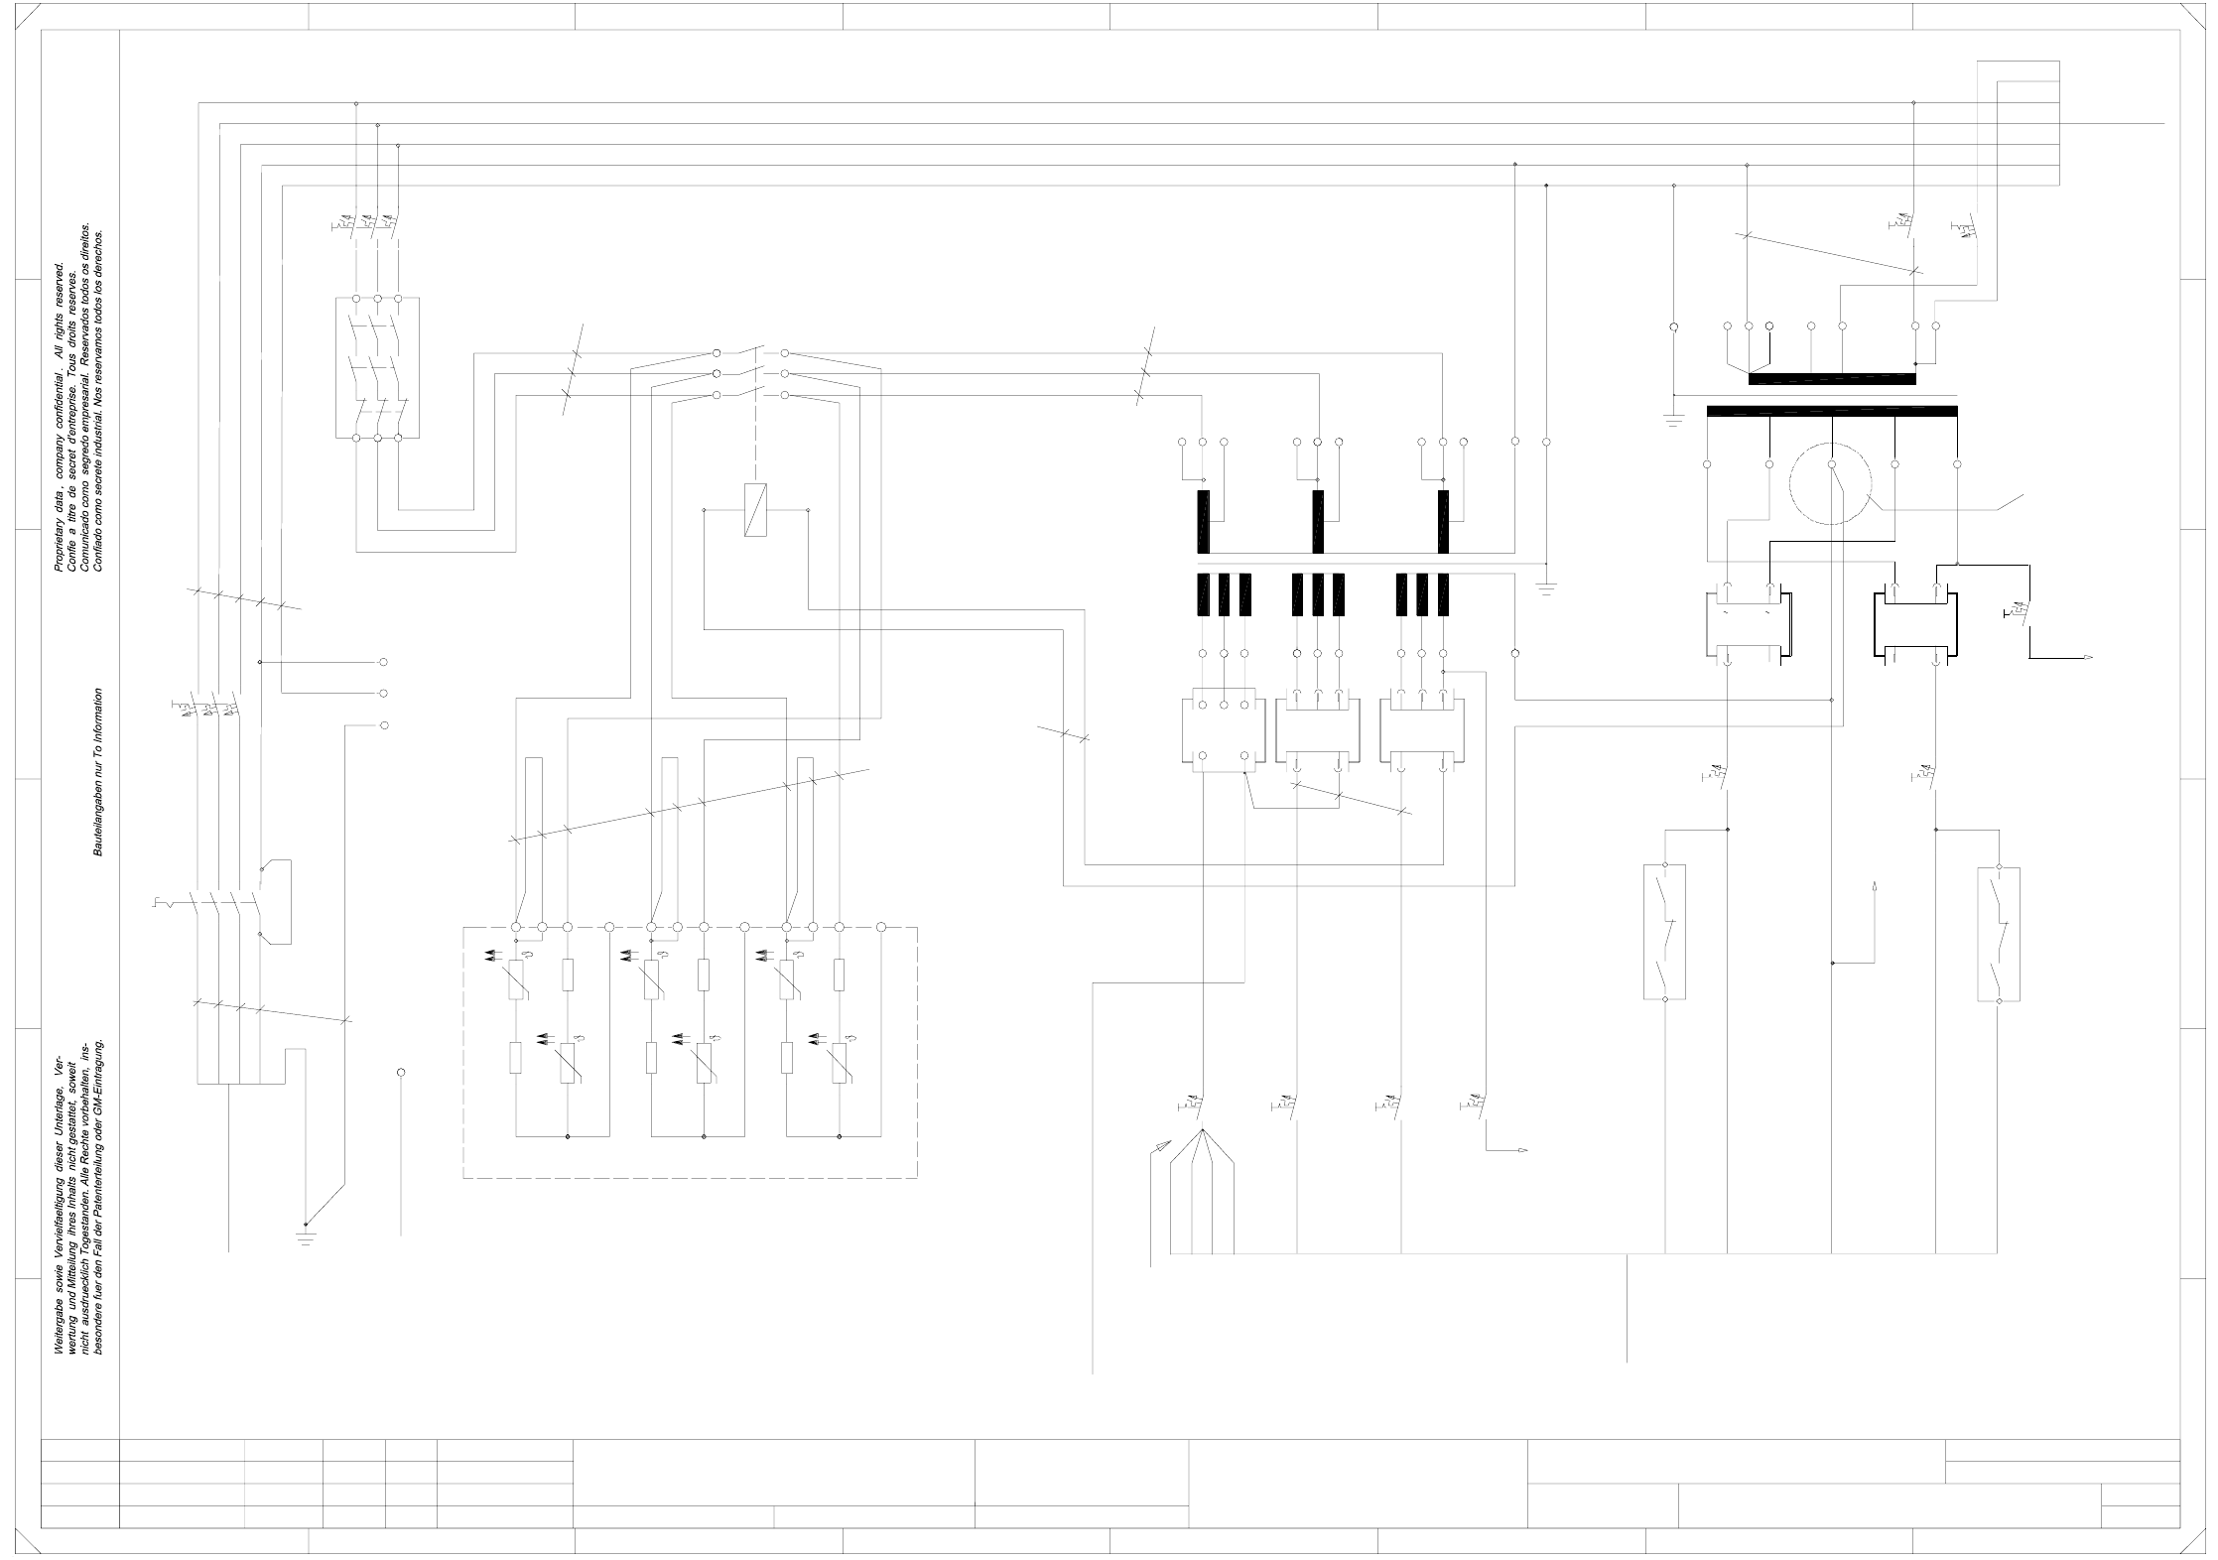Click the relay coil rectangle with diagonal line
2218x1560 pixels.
click(x=755, y=510)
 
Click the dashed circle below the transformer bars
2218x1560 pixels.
click(x=1831, y=483)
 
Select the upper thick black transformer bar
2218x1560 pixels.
click(x=1832, y=378)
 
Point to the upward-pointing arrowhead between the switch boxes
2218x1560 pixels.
click(x=1874, y=886)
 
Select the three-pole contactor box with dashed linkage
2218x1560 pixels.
click(x=377, y=367)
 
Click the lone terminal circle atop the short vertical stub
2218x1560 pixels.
click(x=401, y=1073)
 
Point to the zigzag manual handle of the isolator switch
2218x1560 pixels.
click(x=161, y=902)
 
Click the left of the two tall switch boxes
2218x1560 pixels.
click(x=1665, y=932)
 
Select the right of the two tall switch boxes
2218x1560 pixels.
click(x=1999, y=934)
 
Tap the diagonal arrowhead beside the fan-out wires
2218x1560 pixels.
click(x=1156, y=1146)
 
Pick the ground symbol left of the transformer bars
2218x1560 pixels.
click(x=1674, y=419)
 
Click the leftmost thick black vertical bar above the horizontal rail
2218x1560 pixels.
click(x=1204, y=521)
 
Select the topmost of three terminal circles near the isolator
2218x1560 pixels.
click(x=384, y=662)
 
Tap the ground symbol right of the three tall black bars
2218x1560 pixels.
click(x=1546, y=586)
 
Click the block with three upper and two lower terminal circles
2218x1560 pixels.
click(x=1224, y=730)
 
